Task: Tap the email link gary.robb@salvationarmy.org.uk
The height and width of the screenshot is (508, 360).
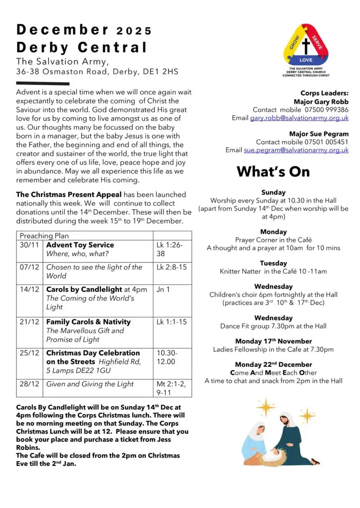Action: tap(299, 118)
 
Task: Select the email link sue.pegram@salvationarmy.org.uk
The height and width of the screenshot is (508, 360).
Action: tap(296, 150)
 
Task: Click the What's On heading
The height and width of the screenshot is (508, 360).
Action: tap(273, 172)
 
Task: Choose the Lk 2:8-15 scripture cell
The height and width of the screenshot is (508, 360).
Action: tap(171, 267)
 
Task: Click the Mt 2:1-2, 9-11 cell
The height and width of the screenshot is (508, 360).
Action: tap(171, 389)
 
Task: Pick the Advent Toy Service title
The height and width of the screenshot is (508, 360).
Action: tap(80, 245)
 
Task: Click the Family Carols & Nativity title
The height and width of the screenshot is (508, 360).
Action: tap(88, 322)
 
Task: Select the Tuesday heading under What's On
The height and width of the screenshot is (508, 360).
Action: tap(273, 263)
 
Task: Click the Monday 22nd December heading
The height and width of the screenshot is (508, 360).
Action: tap(273, 365)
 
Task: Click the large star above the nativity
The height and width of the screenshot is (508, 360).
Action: tap(267, 405)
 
